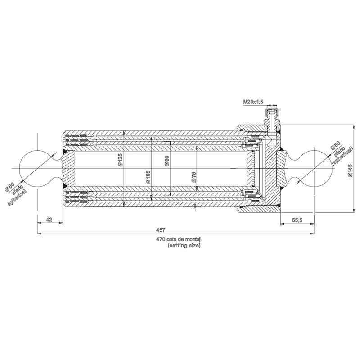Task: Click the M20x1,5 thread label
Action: pos(253,103)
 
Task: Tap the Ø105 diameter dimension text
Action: pos(148,175)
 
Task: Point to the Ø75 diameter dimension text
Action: pos(193,176)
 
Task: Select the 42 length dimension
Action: pos(49,220)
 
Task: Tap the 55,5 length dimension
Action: pos(297,220)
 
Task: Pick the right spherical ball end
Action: pos(315,168)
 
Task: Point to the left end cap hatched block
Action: pos(64,168)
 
